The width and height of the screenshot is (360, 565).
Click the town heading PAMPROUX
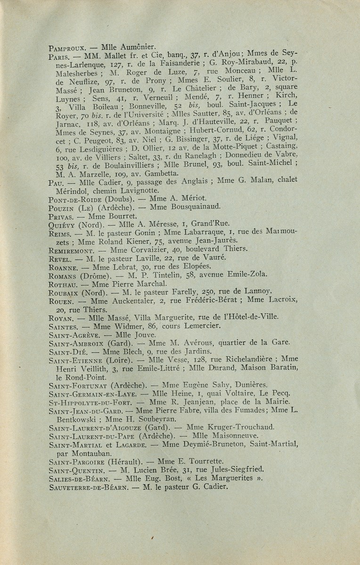pyautogui.click(x=67, y=48)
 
